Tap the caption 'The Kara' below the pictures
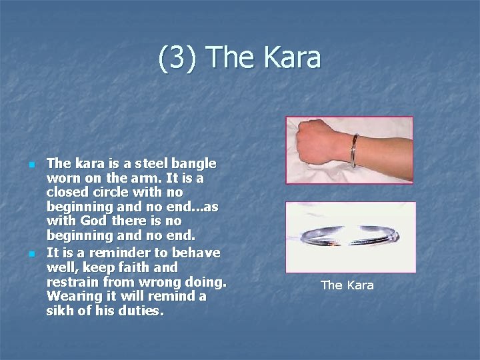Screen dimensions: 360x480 pyautogui.click(x=347, y=285)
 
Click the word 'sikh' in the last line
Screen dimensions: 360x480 pyautogui.click(x=60, y=311)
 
